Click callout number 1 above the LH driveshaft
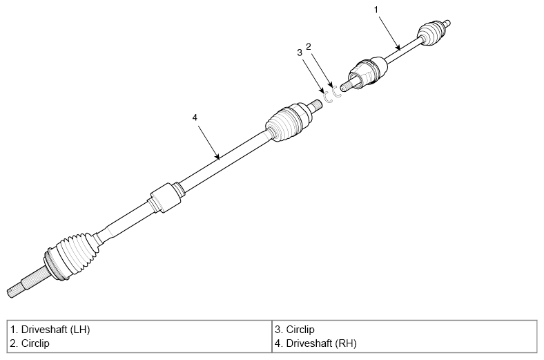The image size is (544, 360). click(376, 10)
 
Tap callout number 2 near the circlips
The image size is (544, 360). click(309, 46)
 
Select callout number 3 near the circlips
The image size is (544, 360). click(300, 53)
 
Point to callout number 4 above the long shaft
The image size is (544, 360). click(195, 117)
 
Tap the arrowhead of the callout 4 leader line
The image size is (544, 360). click(217, 158)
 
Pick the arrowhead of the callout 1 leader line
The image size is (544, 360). click(398, 48)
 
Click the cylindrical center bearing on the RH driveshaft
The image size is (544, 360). click(166, 197)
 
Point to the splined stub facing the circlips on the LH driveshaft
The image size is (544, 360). click(348, 84)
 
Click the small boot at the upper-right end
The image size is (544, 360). click(431, 32)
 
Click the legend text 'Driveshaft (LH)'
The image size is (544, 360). click(55, 329)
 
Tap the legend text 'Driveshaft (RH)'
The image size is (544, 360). click(321, 343)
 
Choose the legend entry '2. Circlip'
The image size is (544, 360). click(30, 343)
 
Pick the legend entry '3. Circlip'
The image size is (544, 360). click(295, 329)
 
